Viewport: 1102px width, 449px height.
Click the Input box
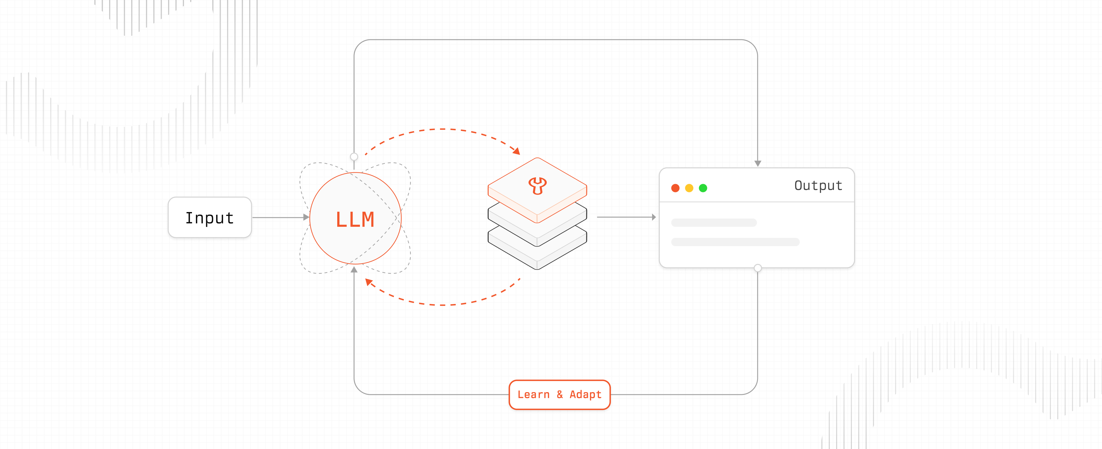click(x=209, y=218)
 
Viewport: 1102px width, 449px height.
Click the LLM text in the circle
click(x=355, y=219)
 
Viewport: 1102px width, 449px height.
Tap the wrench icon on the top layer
click(x=537, y=185)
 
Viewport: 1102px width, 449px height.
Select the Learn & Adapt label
click(x=559, y=395)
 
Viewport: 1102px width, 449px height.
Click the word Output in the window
click(x=818, y=186)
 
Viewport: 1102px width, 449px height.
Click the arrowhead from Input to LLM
click(x=306, y=218)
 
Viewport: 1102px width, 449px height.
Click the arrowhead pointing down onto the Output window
click(x=758, y=163)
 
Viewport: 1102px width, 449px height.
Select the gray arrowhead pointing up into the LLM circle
click(x=354, y=270)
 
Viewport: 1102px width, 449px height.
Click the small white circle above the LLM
click(x=354, y=157)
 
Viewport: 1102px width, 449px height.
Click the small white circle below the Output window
click(x=758, y=268)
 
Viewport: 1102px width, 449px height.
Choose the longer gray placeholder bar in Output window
click(x=735, y=242)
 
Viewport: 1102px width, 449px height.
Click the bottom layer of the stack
click(x=537, y=257)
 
